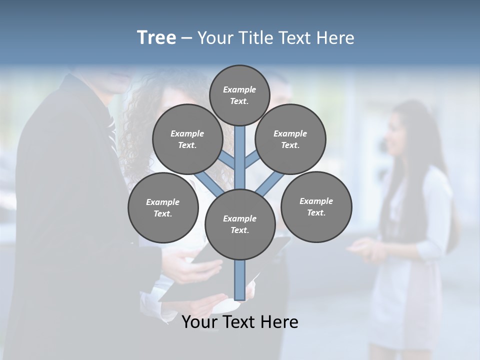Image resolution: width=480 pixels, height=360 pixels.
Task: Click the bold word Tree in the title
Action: click(x=156, y=38)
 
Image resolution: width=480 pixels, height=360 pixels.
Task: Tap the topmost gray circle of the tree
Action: click(x=239, y=95)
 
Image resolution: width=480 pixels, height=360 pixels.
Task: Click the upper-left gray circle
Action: click(x=187, y=139)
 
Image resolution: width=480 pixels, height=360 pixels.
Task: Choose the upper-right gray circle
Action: click(x=290, y=139)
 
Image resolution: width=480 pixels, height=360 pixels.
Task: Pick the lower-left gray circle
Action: click(x=163, y=207)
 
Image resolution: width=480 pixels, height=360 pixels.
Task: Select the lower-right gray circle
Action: click(x=316, y=206)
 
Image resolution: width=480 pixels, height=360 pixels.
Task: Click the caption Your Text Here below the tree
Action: click(x=240, y=322)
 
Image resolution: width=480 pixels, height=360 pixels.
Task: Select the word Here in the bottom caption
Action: click(x=279, y=322)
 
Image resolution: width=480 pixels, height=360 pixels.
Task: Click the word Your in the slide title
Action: click(x=215, y=38)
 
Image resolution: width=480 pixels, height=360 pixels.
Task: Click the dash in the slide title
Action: click(x=186, y=38)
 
